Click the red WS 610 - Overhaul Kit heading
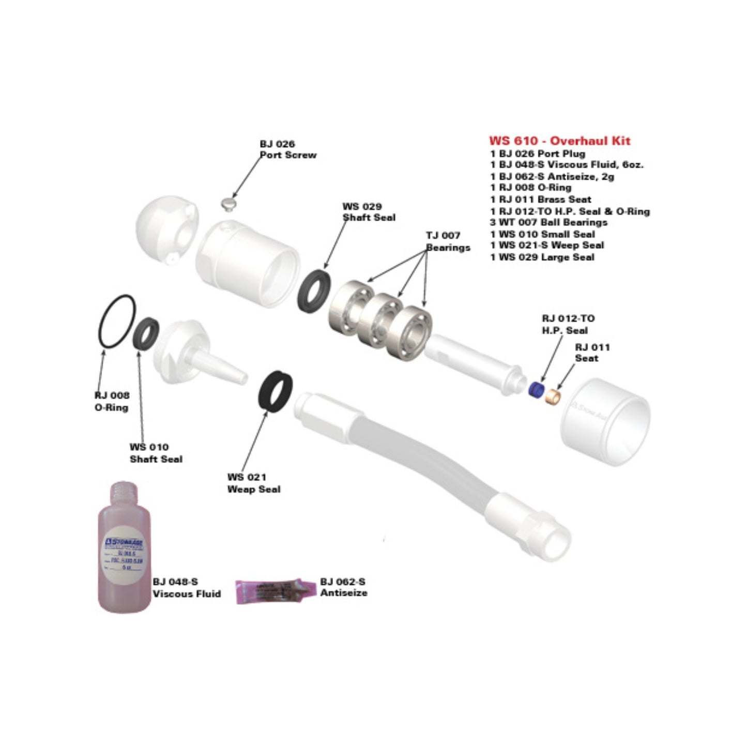coord(559,141)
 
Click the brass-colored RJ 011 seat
coord(554,396)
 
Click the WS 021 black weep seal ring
coord(275,391)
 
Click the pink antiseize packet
coord(275,590)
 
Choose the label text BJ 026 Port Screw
coord(287,149)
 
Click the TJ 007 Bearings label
coord(447,241)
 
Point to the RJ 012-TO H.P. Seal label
coord(568,324)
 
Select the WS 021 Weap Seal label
coord(253,483)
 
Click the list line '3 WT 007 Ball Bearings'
coord(548,222)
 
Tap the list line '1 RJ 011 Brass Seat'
coord(540,199)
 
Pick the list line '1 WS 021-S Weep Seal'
coord(546,246)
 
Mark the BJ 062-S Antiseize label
coord(343,587)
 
